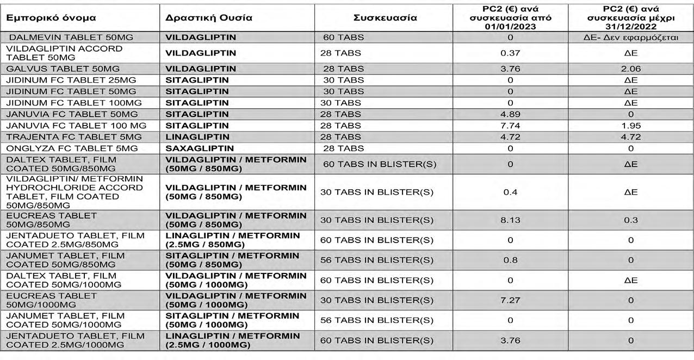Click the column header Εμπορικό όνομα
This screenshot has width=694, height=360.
click(x=51, y=17)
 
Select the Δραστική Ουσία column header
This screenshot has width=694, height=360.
click(x=209, y=17)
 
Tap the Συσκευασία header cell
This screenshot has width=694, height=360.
click(x=385, y=17)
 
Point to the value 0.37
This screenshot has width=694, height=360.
click(x=510, y=53)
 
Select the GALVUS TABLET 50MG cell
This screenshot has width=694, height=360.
click(x=63, y=69)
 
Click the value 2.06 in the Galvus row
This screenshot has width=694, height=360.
click(x=630, y=69)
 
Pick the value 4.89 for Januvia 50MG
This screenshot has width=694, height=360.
click(x=510, y=114)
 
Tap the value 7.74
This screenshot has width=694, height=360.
click(x=510, y=126)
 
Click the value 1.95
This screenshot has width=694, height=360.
click(x=630, y=126)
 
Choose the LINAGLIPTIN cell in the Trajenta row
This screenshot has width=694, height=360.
click(x=197, y=137)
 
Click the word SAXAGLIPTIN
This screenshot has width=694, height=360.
click(x=200, y=148)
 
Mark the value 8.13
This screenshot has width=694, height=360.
click(x=510, y=220)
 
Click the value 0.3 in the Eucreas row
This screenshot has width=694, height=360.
click(x=630, y=220)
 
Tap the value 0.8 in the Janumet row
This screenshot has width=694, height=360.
click(x=510, y=260)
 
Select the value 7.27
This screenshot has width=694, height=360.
click(x=510, y=300)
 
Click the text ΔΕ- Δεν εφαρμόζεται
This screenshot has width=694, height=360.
click(x=630, y=38)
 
